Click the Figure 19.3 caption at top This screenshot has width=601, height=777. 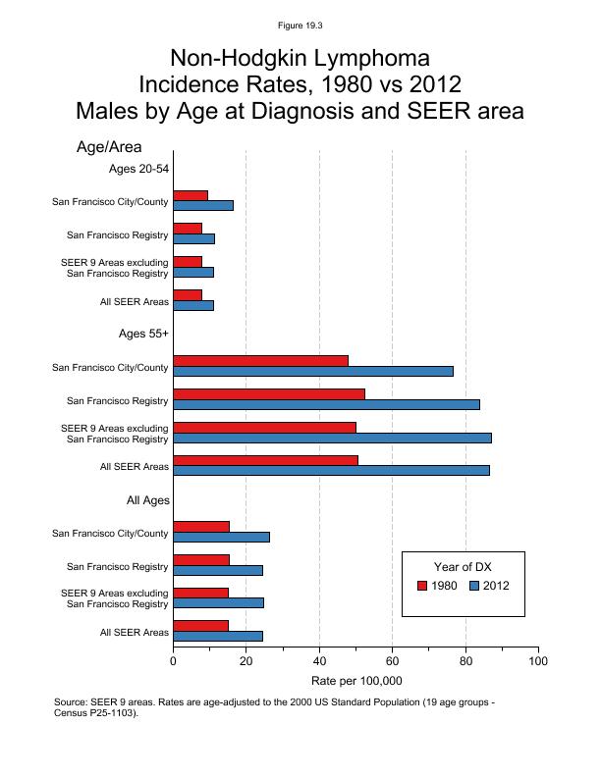(x=300, y=25)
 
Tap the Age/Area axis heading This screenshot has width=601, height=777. (x=116, y=147)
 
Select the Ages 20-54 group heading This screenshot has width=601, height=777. (x=139, y=169)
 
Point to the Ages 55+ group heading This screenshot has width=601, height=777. (x=143, y=334)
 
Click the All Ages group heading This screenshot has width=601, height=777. (x=148, y=500)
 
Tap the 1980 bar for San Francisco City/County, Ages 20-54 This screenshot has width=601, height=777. (x=191, y=195)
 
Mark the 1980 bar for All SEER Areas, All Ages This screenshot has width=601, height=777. (x=200, y=625)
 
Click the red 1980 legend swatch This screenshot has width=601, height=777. (x=422, y=586)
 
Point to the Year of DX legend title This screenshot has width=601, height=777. (x=464, y=566)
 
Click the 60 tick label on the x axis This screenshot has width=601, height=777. (x=392, y=661)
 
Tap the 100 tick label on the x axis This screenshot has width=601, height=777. (x=538, y=661)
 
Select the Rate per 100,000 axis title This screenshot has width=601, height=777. (x=356, y=681)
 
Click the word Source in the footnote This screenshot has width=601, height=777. (x=74, y=702)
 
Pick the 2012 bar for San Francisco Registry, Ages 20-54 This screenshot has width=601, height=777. (x=193, y=238)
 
